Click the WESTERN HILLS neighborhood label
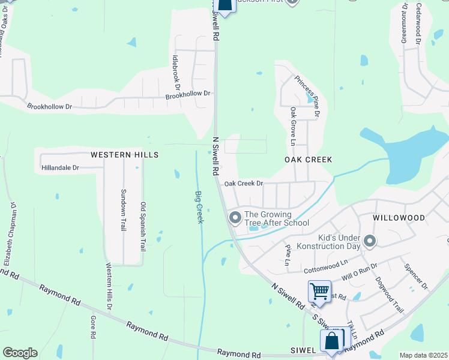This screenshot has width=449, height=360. coord(124,155)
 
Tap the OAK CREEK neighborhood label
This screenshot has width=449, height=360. coord(308,160)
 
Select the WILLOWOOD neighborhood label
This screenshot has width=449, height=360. coord(399,218)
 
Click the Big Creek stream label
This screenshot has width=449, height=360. coord(199,207)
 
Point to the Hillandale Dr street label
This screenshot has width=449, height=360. coord(61,168)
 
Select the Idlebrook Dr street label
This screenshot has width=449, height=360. coord(176,76)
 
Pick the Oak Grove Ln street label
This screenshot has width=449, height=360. coord(293,127)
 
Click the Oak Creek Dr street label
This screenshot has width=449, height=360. coord(244,184)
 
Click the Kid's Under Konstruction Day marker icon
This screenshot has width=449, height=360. coord(370,242)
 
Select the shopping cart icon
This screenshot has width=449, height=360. coord(319,292)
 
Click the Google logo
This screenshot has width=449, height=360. coord(20,353)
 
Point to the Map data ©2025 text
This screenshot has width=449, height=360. coord(423,355)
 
